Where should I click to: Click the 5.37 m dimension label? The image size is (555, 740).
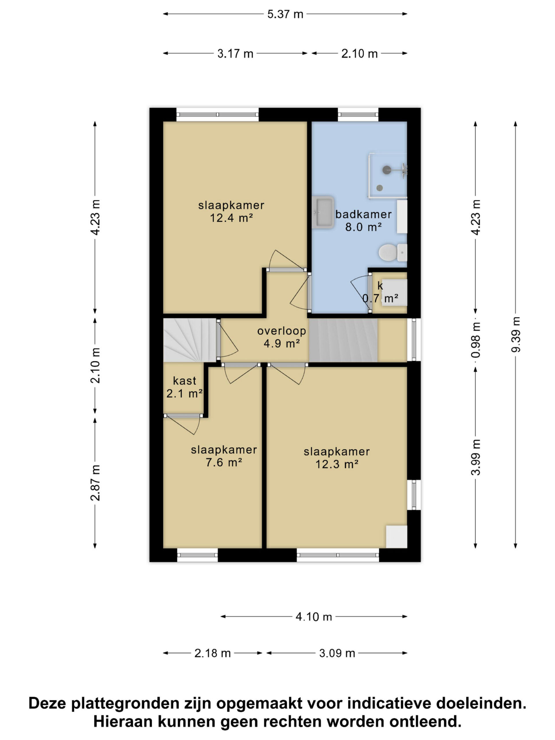pos(285,14)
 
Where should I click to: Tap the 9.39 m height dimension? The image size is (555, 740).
pos(515,334)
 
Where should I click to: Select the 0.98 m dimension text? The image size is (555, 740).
pos(476,340)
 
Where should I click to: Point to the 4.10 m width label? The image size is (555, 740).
pos(313,617)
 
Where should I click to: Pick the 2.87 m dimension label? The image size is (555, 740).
pos(95,482)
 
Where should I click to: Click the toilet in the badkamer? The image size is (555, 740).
pos(393,253)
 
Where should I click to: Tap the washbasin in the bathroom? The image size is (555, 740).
pos(323,212)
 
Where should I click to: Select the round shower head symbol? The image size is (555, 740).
pos(387,170)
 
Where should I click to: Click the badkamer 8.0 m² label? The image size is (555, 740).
pos(363,221)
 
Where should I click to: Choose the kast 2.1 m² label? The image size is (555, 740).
pos(184,387)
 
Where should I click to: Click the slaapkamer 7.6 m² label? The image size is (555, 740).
pos(224,456)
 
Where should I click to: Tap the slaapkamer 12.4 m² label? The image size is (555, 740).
pos(231,211)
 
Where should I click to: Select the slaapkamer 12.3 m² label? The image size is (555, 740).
pos(336,458)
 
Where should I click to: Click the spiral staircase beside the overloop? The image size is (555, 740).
pos(190,340)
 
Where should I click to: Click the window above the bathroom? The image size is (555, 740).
pos(358,115)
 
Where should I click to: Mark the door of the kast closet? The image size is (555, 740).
pos(183,424)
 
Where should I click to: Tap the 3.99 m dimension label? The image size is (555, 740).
pos(476,457)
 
